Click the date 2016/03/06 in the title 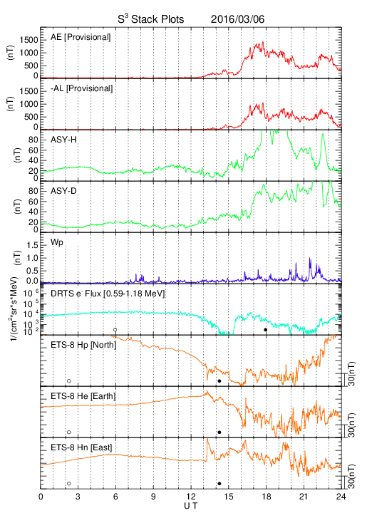pos(237,19)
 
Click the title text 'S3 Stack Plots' pos(151,19)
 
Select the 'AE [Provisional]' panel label pos(81,37)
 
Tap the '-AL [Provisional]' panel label pos(81,88)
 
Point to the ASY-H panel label pos(63,140)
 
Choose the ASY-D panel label pos(63,191)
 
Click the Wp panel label pos(57,243)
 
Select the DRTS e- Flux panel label pos(108,294)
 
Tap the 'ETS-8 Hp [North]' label pos(83,345)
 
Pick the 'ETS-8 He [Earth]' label pos(83,396)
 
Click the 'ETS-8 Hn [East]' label pos(81,447)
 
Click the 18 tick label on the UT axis pos(267,497)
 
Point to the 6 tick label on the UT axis pos(115,497)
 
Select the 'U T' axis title pos(191,506)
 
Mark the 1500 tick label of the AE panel pos(29,40)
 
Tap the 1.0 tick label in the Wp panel pos(32,258)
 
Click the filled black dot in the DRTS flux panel pos(266,330)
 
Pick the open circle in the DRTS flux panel pos(115,330)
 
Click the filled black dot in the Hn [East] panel pos(219,484)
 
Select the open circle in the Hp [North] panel pos(69,380)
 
